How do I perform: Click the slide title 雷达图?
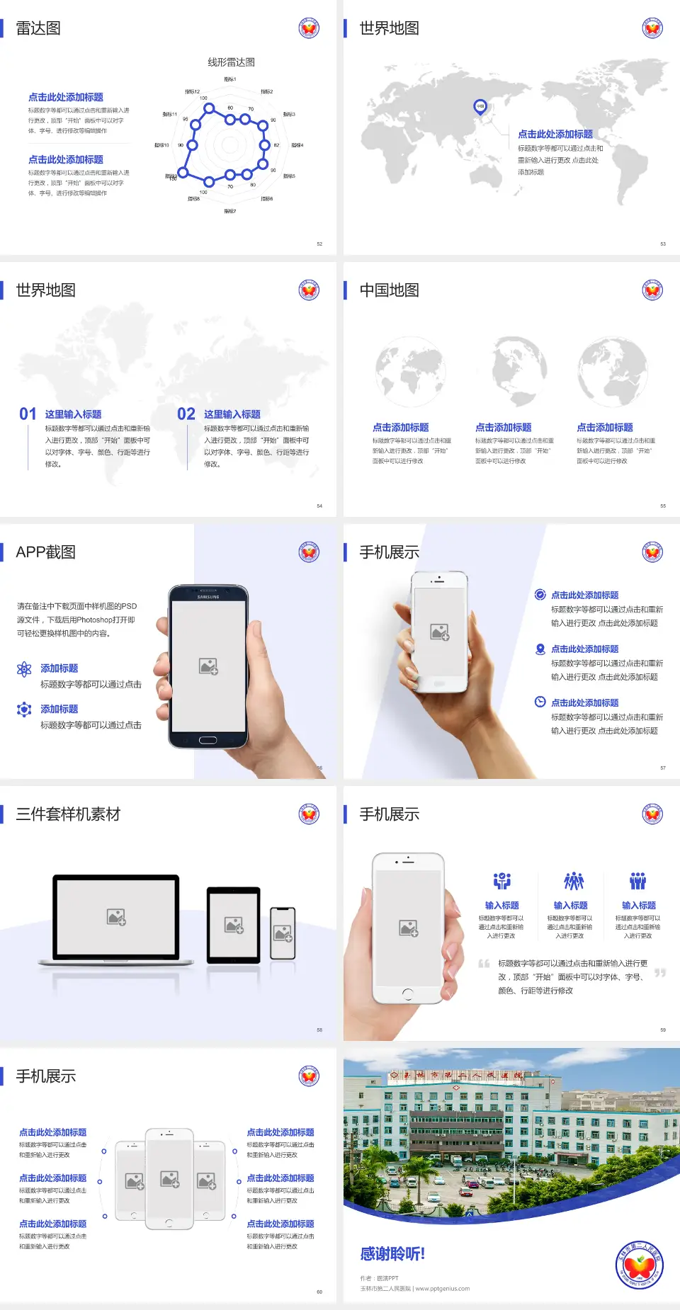click(38, 28)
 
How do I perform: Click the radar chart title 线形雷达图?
click(231, 62)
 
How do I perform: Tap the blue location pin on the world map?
click(480, 107)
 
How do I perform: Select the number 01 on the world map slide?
click(28, 414)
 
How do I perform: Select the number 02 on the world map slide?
click(186, 414)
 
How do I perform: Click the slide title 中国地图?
click(389, 290)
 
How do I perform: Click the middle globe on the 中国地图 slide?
click(520, 371)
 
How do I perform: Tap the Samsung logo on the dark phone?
click(208, 597)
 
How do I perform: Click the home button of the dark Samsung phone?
click(208, 740)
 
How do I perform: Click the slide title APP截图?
click(46, 552)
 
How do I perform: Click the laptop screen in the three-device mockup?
click(116, 916)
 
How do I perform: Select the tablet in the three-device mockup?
click(234, 924)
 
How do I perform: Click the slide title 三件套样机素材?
click(68, 814)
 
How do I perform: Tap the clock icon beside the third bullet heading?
click(540, 702)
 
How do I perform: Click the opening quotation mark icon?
click(484, 964)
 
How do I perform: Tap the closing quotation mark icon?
click(660, 973)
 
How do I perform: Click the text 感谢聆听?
click(392, 1254)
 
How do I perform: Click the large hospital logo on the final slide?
click(640, 1265)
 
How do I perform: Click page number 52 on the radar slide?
click(319, 244)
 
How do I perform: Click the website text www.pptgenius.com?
click(442, 1289)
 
